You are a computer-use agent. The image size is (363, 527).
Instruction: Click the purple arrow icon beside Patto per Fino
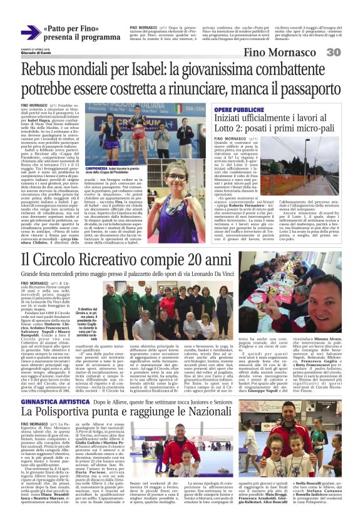coord(30,33)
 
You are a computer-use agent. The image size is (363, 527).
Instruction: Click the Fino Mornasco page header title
coord(280,53)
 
